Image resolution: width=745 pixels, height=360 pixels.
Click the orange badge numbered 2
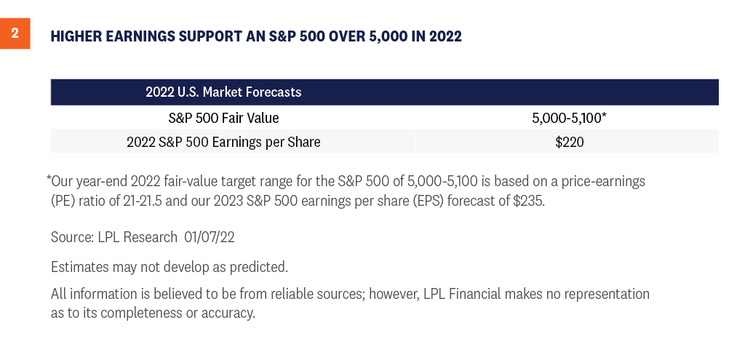tap(15, 33)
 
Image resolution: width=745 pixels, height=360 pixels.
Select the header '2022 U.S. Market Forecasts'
tap(223, 92)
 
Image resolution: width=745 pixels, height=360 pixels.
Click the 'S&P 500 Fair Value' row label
tap(223, 118)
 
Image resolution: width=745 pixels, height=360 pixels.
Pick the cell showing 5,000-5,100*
tap(569, 118)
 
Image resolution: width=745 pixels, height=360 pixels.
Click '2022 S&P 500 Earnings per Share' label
tap(223, 142)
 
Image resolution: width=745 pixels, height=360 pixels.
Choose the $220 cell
tap(569, 142)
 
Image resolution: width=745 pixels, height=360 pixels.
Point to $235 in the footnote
tap(529, 201)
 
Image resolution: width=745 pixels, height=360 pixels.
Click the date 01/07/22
tap(210, 237)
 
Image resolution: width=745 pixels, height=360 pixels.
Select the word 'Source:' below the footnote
tap(72, 237)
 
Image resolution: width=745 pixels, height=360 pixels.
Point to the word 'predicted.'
tap(259, 268)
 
